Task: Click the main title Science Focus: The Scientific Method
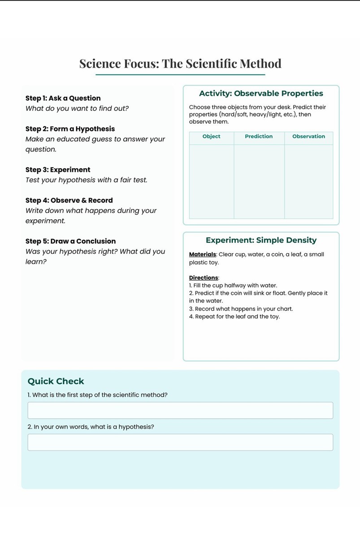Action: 180,64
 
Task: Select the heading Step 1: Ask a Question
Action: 63,98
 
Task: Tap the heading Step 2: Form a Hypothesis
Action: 70,129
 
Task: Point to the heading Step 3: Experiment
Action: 58,169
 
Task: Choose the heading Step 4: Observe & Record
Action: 69,200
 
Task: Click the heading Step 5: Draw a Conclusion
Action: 70,241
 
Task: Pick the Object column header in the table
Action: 211,136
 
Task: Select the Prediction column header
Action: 259,136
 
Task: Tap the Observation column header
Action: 308,136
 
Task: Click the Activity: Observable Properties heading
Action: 261,93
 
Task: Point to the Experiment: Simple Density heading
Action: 261,240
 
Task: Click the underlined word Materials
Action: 203,255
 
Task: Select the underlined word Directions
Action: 204,278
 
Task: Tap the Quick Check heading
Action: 56,381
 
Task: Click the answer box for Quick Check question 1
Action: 180,411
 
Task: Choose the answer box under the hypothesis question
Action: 180,442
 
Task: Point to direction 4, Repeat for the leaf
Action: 234,317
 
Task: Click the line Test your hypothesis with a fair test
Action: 86,180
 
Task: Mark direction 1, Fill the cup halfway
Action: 233,286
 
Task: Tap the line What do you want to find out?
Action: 77,108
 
